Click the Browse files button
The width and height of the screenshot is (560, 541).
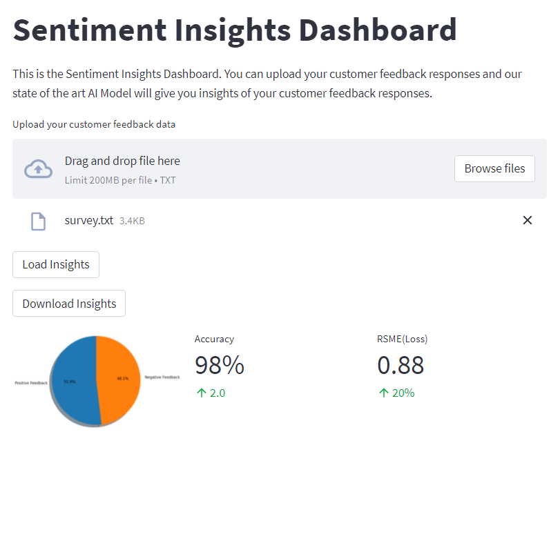tap(494, 168)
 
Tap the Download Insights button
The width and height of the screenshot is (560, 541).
tap(69, 304)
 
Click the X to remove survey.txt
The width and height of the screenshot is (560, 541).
tap(528, 220)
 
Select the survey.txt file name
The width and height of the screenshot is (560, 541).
tap(88, 221)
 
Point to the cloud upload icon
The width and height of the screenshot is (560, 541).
tap(38, 169)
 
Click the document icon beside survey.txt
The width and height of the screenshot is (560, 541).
tap(39, 221)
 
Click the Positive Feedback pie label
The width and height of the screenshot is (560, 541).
tap(31, 382)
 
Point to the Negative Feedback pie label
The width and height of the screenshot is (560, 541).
tap(162, 377)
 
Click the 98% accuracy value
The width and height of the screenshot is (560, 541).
tap(220, 365)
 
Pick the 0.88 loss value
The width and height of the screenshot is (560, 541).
tap(400, 365)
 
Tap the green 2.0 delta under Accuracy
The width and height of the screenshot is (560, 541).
tap(211, 393)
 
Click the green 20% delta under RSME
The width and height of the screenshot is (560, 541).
tap(396, 393)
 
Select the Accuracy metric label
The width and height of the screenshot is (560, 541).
tap(214, 339)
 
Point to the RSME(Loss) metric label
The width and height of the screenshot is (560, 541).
tap(403, 339)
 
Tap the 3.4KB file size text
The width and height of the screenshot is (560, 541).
tap(132, 222)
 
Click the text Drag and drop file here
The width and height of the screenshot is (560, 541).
tap(122, 161)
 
